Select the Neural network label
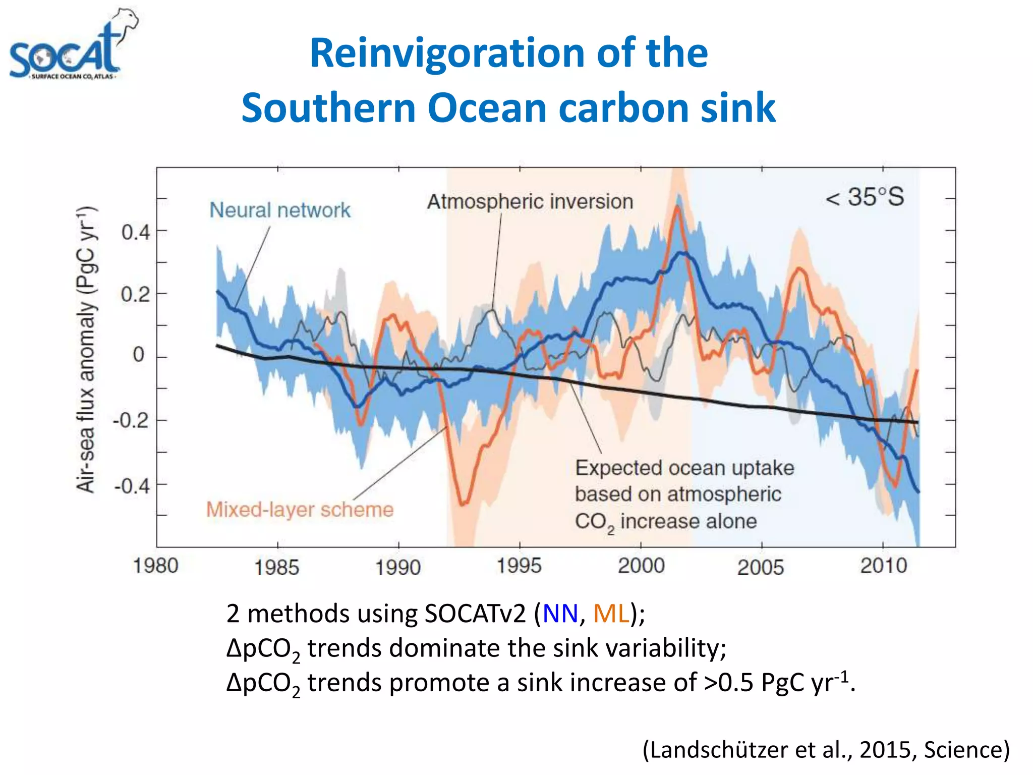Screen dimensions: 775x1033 [x=280, y=210]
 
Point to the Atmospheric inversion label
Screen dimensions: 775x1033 [x=530, y=201]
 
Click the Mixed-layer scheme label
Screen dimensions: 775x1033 [x=300, y=510]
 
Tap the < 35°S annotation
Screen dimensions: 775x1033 [x=865, y=197]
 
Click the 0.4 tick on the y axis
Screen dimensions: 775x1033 [x=136, y=233]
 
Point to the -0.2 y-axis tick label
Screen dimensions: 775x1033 [x=131, y=420]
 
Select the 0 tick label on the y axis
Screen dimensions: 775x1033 [x=139, y=355]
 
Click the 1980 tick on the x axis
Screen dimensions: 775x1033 [x=156, y=566]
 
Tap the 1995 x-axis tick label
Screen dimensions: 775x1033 [x=519, y=566]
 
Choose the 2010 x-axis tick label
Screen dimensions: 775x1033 [x=883, y=566]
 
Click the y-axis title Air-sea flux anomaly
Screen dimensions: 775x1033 [x=86, y=349]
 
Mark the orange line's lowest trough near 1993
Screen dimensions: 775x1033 [x=463, y=504]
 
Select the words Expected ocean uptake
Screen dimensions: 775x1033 [x=684, y=468]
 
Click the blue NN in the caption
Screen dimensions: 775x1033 [x=560, y=614]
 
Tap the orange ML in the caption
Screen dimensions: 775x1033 [x=611, y=614]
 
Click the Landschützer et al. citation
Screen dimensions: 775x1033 [x=826, y=750]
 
